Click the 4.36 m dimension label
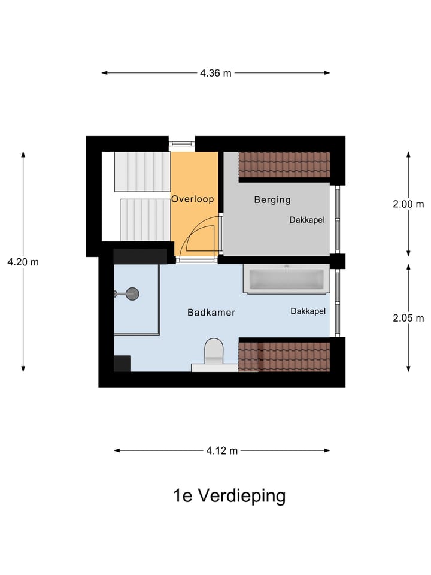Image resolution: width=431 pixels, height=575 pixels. [x=215, y=73]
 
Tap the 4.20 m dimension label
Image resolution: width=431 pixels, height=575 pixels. [x=23, y=262]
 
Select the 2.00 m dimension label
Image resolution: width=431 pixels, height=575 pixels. [x=408, y=204]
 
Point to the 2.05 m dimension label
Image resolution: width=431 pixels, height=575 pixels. [x=408, y=319]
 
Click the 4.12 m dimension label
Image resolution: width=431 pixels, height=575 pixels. [x=222, y=450]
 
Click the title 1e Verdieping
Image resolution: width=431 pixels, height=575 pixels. [x=229, y=497]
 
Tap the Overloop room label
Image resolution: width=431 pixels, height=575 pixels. [x=193, y=199]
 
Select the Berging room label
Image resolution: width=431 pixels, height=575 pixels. [x=272, y=199]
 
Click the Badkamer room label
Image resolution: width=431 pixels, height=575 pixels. [x=211, y=313]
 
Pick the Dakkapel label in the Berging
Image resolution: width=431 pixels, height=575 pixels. [x=307, y=220]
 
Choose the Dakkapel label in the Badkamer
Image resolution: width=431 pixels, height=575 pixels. [x=308, y=311]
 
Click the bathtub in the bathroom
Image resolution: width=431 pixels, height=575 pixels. [x=286, y=279]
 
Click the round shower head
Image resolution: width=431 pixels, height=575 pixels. [x=132, y=293]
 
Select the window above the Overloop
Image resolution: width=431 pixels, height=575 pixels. [x=181, y=144]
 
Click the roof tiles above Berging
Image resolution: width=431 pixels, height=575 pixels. [x=284, y=165]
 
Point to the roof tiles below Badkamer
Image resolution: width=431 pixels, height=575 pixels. [x=284, y=356]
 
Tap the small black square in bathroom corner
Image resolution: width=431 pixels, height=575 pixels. [x=123, y=364]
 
